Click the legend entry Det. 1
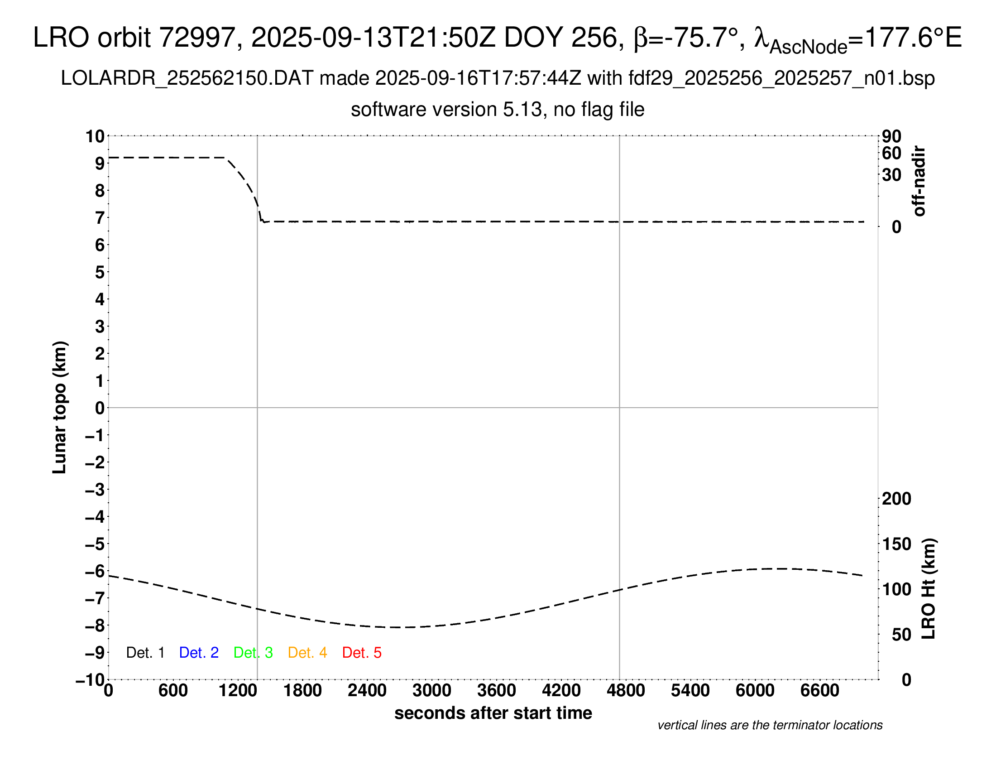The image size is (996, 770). coord(145,653)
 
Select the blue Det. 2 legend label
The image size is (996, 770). coord(199,653)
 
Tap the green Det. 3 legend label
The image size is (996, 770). coord(253,653)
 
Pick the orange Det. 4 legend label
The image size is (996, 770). coord(307,653)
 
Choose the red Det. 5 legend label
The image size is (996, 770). coord(362,653)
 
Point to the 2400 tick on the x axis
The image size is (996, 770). coord(367,691)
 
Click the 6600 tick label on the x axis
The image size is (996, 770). coord(819,691)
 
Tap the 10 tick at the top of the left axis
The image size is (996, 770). coord(96,136)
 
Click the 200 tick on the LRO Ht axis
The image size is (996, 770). coord(896,499)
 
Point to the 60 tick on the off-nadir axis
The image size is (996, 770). coord(891,153)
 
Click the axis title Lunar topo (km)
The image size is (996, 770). coord(60,407)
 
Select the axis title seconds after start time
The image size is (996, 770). coord(493,713)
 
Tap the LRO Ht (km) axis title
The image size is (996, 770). coord(928,589)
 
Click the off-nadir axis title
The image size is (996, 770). coord(919,181)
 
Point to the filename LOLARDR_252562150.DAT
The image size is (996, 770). coord(187,78)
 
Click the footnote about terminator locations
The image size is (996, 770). coord(770,725)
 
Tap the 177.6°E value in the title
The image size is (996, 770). coord(913,38)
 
